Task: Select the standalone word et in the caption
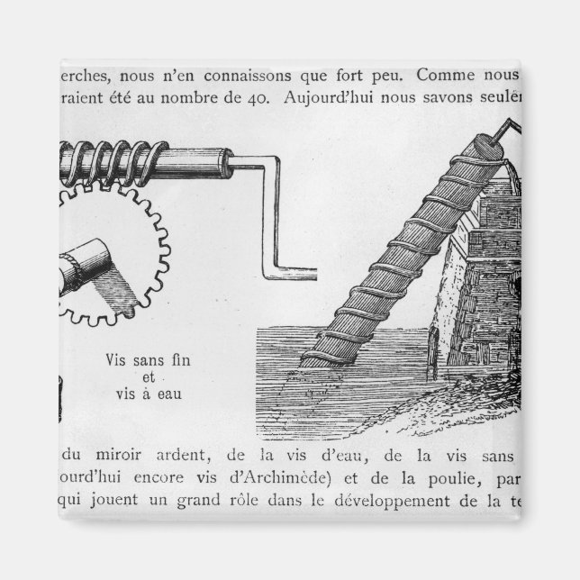click(149, 377)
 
